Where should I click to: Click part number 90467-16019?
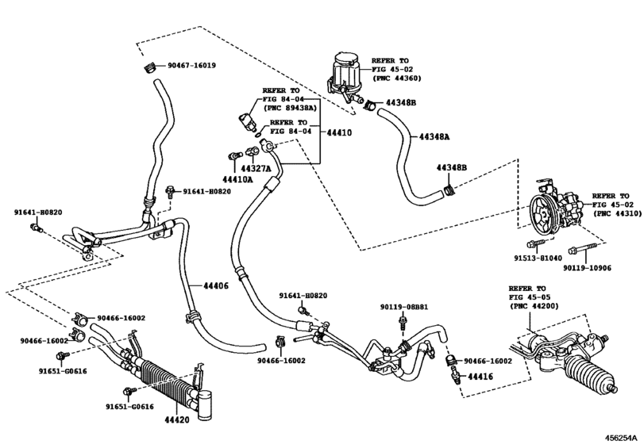(191, 65)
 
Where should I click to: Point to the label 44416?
(480, 377)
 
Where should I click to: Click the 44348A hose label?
(434, 136)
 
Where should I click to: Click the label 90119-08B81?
(403, 306)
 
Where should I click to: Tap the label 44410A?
(237, 180)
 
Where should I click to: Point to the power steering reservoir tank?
(348, 71)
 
